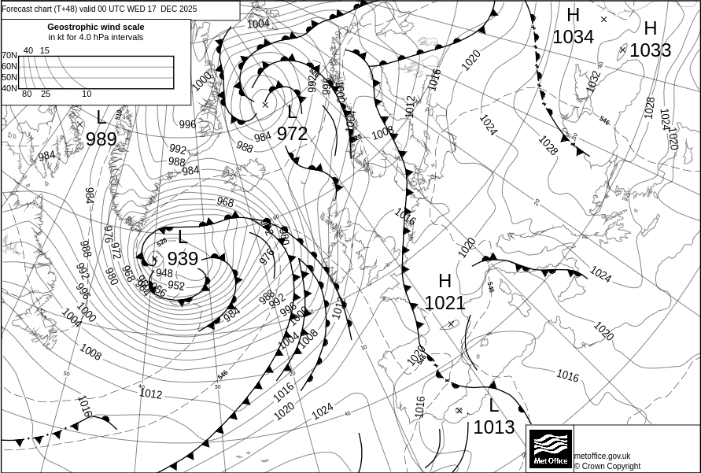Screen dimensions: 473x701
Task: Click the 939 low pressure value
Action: click(x=183, y=259)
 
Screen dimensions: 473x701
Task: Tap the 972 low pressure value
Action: click(x=292, y=134)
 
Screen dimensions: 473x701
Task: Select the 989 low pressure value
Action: click(x=101, y=139)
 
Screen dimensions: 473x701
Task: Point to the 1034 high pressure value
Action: click(x=573, y=37)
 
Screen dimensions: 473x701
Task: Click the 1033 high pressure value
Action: click(x=650, y=50)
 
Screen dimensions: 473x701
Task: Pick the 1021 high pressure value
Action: click(x=445, y=303)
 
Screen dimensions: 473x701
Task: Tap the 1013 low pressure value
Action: click(x=493, y=427)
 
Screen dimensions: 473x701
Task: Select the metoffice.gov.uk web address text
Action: click(x=602, y=456)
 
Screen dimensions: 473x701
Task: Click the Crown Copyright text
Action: click(x=607, y=466)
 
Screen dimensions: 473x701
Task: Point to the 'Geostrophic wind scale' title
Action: click(x=96, y=27)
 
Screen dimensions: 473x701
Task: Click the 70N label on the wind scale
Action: click(x=9, y=56)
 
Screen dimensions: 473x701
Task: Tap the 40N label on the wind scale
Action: click(x=9, y=88)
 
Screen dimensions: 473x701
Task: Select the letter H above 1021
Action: click(x=445, y=281)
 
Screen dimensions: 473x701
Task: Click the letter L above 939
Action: click(x=183, y=237)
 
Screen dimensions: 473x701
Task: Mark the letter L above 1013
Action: click(x=493, y=406)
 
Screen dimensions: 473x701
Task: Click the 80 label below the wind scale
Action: click(x=27, y=94)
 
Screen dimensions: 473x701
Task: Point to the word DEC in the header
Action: click(x=169, y=9)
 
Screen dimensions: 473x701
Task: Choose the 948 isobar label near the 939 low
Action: click(x=164, y=273)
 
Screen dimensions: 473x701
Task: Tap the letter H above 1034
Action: click(x=573, y=15)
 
